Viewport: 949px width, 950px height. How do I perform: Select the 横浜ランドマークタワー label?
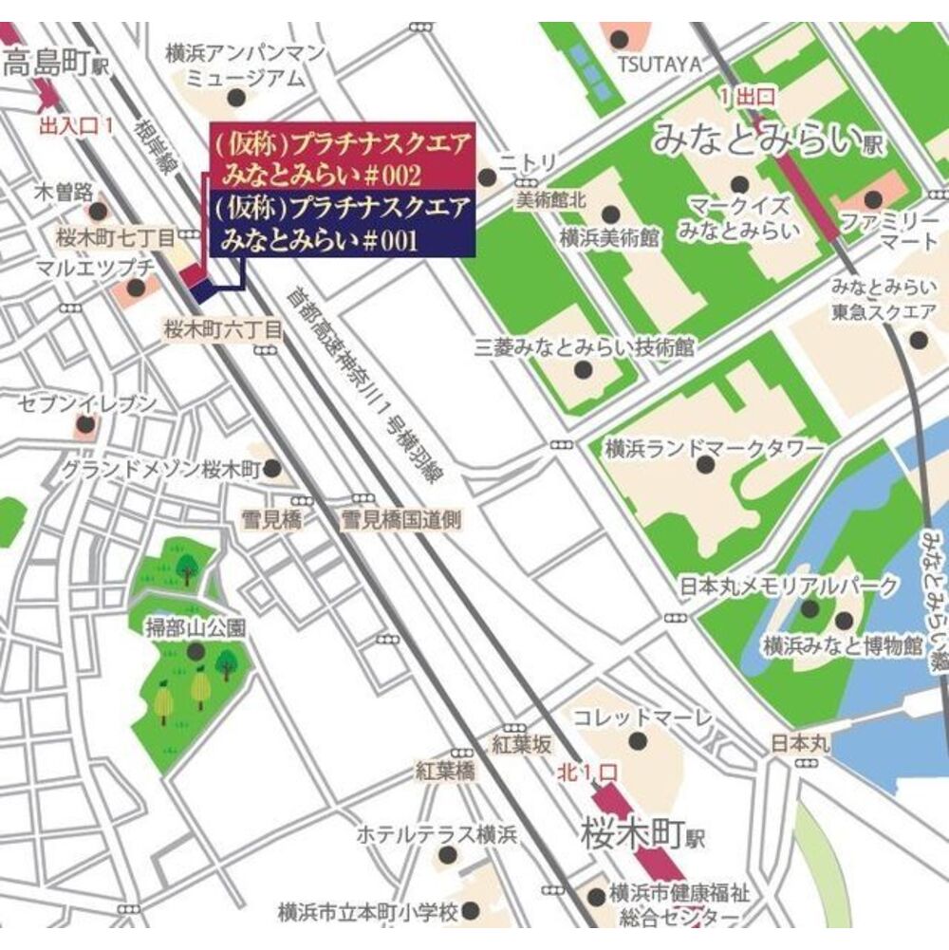[x=714, y=448]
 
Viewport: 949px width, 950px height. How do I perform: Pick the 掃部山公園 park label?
[x=194, y=627]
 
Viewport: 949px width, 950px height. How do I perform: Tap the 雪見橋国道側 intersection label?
[x=401, y=520]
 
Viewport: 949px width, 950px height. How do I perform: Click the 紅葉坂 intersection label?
[x=520, y=744]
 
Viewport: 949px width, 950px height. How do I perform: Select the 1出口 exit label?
[x=747, y=96]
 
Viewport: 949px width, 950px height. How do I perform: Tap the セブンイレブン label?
[x=87, y=405]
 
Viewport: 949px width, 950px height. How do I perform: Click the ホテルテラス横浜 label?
[x=437, y=836]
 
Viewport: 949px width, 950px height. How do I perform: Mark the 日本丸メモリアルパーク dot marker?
[x=809, y=608]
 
